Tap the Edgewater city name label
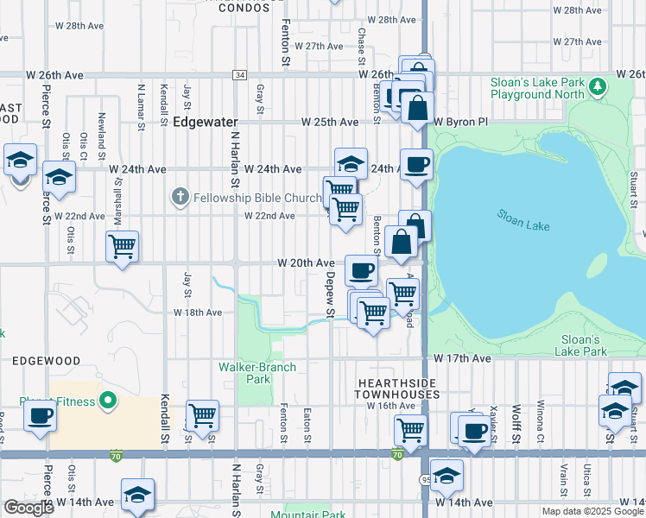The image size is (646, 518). (x=205, y=123)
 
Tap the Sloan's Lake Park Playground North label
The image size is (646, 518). (x=538, y=87)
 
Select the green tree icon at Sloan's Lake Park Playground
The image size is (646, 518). (x=597, y=85)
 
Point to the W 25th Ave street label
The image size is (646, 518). (x=330, y=123)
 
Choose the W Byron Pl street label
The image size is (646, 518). (x=461, y=123)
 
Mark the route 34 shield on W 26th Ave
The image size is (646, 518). (x=239, y=76)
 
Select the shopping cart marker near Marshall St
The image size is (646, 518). (x=122, y=246)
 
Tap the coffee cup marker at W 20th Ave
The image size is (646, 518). (x=361, y=270)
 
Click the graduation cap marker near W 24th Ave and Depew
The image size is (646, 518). (x=351, y=163)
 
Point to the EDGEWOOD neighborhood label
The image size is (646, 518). (x=46, y=360)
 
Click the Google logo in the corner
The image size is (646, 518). (x=28, y=508)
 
